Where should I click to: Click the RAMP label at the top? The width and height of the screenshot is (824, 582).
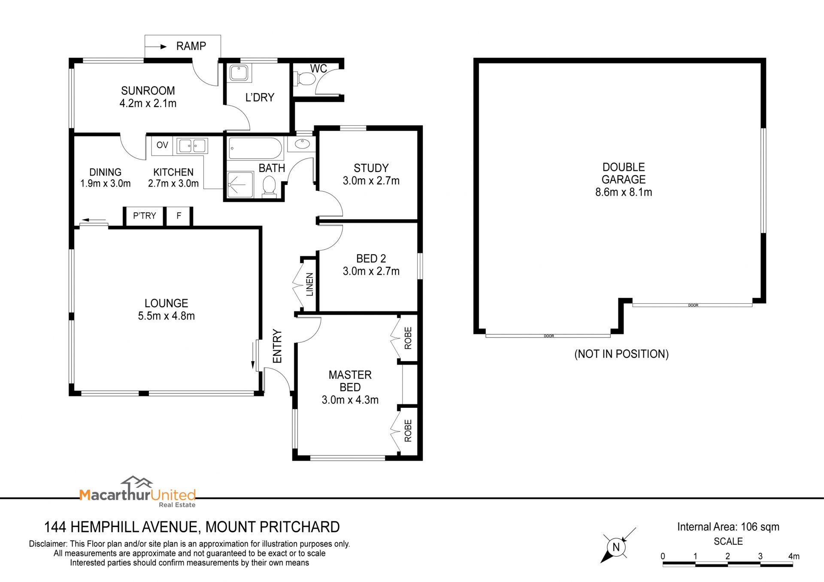pyautogui.click(x=191, y=46)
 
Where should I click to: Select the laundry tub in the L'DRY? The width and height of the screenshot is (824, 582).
pyautogui.click(x=239, y=73)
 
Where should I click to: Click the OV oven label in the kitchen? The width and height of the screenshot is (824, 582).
pyautogui.click(x=162, y=145)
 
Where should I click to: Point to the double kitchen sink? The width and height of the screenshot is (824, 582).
pyautogui.click(x=192, y=146)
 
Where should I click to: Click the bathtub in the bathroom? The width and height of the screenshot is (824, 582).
pyautogui.click(x=255, y=148)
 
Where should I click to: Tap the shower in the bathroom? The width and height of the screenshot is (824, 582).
pyautogui.click(x=240, y=185)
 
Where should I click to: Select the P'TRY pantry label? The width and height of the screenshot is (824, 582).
pyautogui.click(x=144, y=216)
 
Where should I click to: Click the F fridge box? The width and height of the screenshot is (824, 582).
pyautogui.click(x=179, y=216)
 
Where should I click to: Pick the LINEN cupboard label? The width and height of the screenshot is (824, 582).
pyautogui.click(x=309, y=284)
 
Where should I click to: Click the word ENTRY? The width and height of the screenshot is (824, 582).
pyautogui.click(x=277, y=346)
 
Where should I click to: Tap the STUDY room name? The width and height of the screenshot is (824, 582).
pyautogui.click(x=371, y=168)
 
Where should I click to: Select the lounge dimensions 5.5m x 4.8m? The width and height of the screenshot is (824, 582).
pyautogui.click(x=167, y=316)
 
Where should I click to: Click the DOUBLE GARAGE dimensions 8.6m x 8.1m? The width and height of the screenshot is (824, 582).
pyautogui.click(x=624, y=192)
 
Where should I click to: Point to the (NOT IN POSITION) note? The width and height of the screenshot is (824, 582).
pyautogui.click(x=621, y=354)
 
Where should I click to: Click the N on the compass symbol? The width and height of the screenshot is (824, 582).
pyautogui.click(x=616, y=547)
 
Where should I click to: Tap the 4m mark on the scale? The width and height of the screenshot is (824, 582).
pyautogui.click(x=794, y=556)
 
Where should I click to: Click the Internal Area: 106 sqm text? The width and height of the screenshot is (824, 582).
pyautogui.click(x=728, y=527)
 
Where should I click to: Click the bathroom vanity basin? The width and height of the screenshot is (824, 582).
pyautogui.click(x=303, y=144)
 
